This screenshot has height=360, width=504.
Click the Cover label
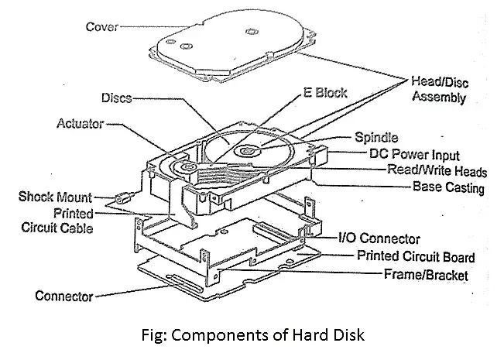pyautogui.click(x=101, y=27)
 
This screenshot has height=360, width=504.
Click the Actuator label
pyautogui.click(x=80, y=123)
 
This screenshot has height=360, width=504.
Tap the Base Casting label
pyautogui.click(x=448, y=187)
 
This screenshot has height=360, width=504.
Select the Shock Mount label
pyautogui.click(x=55, y=197)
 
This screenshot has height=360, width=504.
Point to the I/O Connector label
pyautogui.click(x=379, y=239)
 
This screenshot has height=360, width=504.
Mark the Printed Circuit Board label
pyautogui.click(x=416, y=257)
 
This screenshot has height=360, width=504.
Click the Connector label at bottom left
pyautogui.click(x=64, y=296)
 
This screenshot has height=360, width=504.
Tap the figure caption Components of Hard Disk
pyautogui.click(x=252, y=337)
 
